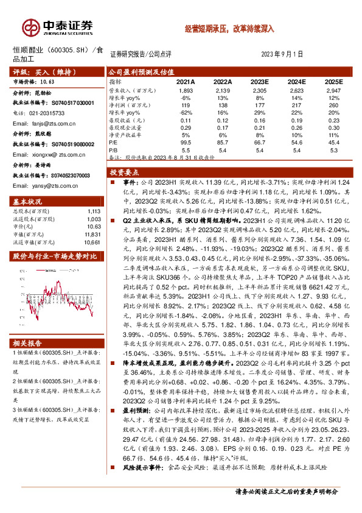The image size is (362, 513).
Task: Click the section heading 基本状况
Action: click(28, 201)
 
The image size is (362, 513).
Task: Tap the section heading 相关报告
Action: click(28, 344)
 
